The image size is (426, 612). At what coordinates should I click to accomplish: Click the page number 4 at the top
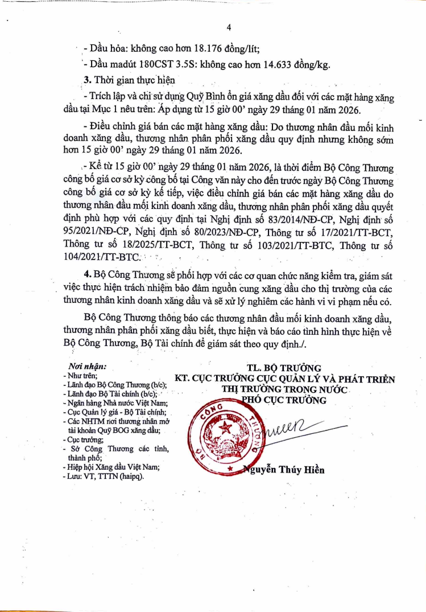pyautogui.click(x=228, y=27)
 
